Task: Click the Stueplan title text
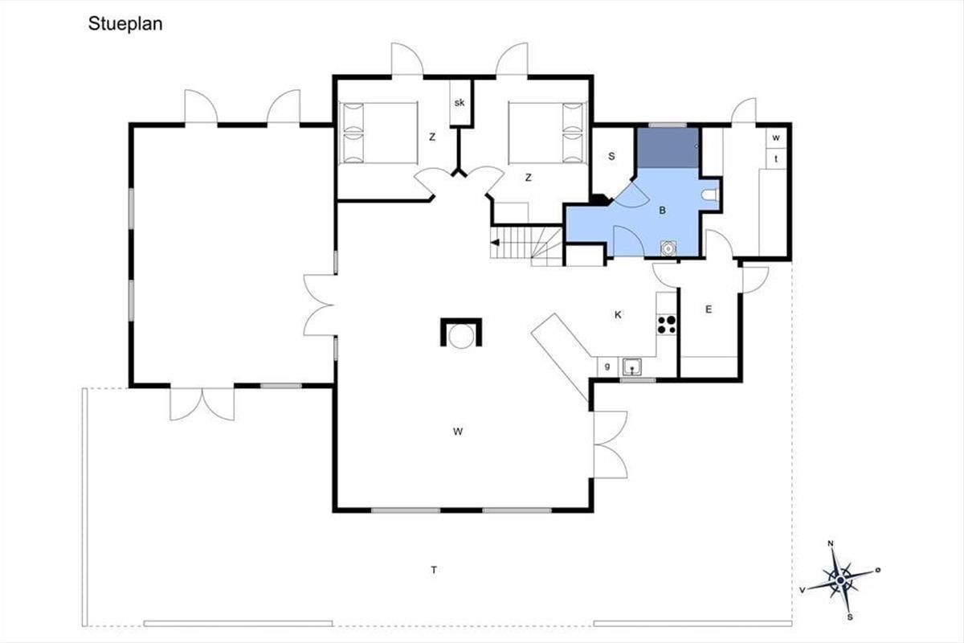125,24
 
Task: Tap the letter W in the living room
458,431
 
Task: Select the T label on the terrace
435,570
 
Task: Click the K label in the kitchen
618,315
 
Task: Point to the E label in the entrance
709,309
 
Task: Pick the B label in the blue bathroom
663,210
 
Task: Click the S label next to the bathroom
611,157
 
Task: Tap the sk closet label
460,103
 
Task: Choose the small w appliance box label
776,137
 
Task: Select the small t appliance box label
776,158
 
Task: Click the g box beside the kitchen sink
607,367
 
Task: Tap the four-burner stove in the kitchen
667,325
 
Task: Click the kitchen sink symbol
631,367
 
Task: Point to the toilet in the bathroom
710,195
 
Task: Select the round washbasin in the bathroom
668,248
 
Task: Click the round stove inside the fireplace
461,336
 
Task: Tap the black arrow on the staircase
496,243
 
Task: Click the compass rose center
841,580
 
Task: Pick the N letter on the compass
831,543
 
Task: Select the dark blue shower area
668,148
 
